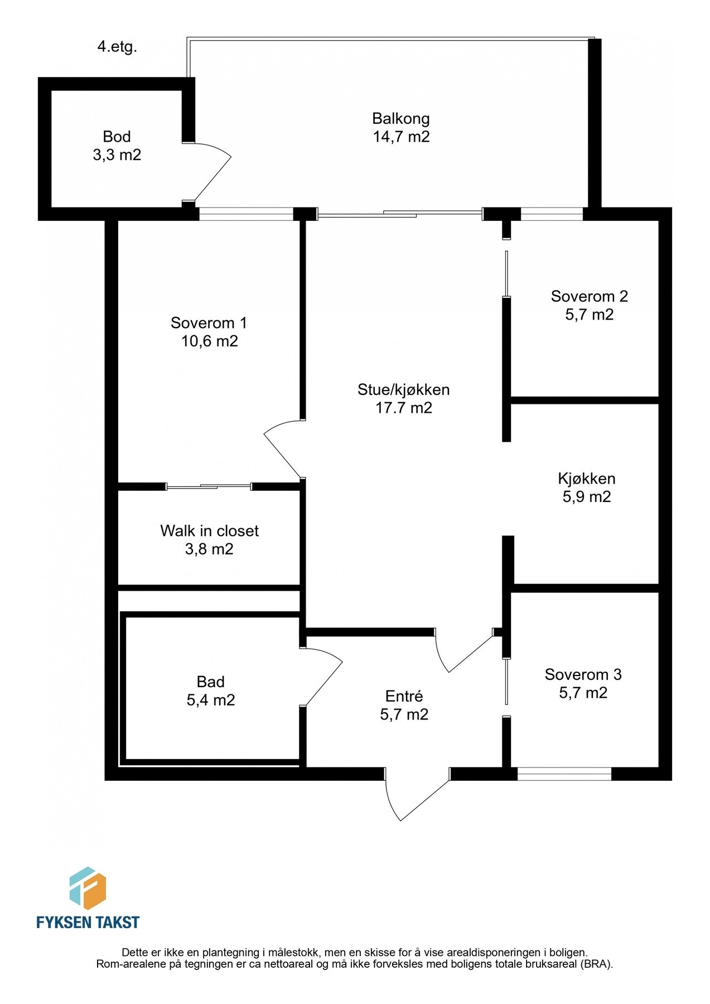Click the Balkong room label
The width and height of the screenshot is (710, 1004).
click(401, 119)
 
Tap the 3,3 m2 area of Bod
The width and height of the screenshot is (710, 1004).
click(117, 155)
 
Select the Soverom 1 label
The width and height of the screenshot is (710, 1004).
click(209, 323)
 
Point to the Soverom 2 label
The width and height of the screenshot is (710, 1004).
click(589, 297)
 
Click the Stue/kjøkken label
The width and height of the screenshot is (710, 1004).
click(403, 390)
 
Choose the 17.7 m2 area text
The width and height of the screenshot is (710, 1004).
click(403, 408)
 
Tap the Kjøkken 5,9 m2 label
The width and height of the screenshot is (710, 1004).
click(586, 487)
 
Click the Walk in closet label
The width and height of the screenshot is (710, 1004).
click(209, 531)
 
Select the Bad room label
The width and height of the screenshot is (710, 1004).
click(210, 682)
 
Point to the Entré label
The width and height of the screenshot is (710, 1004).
click(404, 697)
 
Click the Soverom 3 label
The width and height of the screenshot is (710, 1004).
click(583, 675)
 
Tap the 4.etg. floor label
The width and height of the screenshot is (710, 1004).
click(117, 47)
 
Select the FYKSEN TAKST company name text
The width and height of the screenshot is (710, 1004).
click(88, 923)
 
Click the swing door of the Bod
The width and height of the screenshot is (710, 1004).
click(212, 173)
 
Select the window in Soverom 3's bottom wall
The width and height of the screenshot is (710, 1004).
click(564, 774)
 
